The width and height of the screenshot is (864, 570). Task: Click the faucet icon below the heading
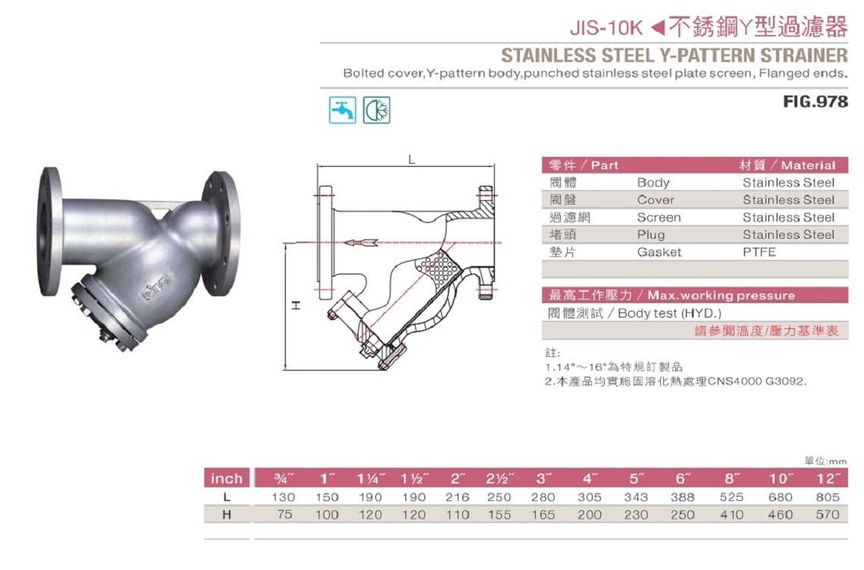click(x=342, y=110)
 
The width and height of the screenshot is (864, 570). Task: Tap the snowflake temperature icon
click(x=377, y=110)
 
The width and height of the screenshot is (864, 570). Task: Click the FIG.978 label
click(x=815, y=102)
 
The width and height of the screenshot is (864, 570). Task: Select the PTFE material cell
click(x=759, y=252)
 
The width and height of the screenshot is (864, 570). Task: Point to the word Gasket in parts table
click(x=659, y=252)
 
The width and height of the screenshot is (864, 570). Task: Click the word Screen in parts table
click(x=659, y=218)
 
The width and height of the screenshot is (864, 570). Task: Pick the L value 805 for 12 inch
click(x=828, y=497)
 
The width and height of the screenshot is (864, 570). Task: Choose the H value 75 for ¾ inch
click(x=285, y=515)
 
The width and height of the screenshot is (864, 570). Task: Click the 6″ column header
click(x=683, y=478)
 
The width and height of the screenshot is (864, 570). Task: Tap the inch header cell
click(x=227, y=478)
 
